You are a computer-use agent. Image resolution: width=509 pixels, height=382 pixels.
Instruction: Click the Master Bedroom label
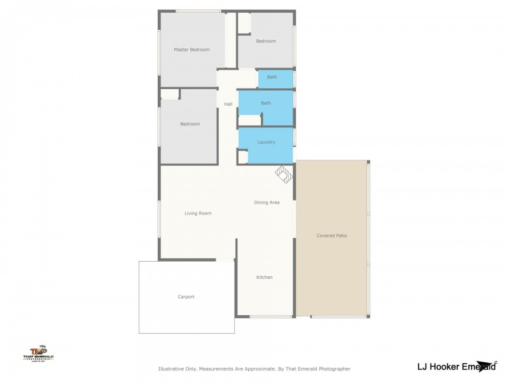point(192,49)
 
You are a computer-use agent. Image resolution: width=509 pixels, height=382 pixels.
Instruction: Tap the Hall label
point(228,104)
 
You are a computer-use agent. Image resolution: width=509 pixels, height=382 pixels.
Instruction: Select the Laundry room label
point(266,142)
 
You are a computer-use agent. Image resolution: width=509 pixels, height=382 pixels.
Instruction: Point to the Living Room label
point(198,213)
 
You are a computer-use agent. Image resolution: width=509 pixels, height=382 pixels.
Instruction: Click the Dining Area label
point(267,202)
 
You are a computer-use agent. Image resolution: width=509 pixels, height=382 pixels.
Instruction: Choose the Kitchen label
point(264,278)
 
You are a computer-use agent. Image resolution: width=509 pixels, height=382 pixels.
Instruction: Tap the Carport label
point(186,297)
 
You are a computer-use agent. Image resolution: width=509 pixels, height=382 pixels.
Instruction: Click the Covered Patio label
point(331,236)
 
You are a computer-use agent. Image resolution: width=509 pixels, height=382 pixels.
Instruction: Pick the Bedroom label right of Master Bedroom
point(266,41)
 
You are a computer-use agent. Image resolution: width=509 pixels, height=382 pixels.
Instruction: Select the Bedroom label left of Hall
point(190,124)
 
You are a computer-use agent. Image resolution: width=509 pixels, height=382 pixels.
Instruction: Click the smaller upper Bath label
point(272,77)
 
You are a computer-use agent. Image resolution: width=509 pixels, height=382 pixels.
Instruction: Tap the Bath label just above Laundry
point(266,103)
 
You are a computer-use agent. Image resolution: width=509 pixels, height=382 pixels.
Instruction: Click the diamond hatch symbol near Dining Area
point(283,173)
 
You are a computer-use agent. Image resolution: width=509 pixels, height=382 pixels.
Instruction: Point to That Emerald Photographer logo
point(39,352)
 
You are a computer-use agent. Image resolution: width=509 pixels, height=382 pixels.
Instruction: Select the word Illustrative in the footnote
point(172,369)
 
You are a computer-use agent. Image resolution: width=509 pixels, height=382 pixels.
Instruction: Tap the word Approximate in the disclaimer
point(258,369)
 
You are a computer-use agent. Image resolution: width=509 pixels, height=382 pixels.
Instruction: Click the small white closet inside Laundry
point(242,157)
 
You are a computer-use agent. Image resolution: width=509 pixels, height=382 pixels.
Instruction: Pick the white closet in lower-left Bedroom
point(169,94)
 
